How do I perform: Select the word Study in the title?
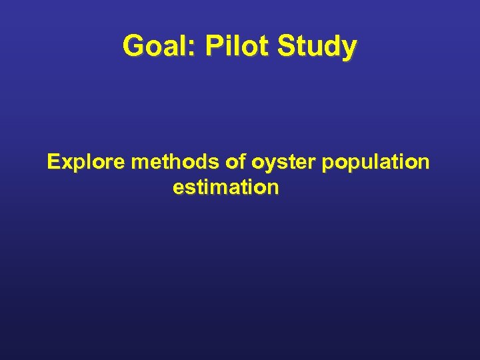point(317,47)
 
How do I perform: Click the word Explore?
point(87,162)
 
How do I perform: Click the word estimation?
point(225,187)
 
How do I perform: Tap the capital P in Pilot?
point(214,46)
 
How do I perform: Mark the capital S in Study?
point(285,46)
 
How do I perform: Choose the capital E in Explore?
point(53,162)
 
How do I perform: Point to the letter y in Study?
point(349,49)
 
